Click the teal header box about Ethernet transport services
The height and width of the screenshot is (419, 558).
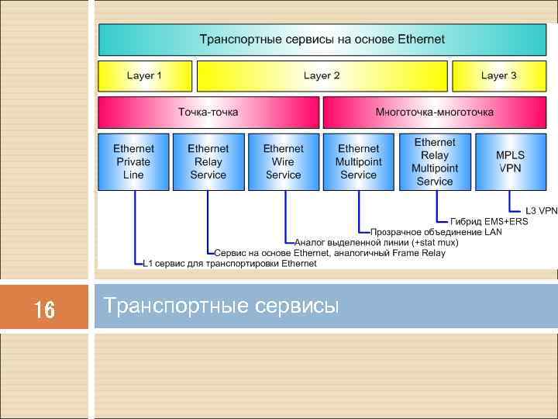322,39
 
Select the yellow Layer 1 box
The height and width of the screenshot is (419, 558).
144,76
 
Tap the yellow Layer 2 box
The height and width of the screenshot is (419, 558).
322,76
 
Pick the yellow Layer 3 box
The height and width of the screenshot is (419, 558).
498,76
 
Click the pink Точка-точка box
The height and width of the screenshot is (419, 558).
208,113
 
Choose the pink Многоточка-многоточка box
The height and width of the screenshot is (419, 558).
434,113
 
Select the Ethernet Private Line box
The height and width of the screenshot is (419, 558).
133,161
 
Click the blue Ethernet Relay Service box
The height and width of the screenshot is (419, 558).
208,161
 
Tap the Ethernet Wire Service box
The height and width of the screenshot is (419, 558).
283,161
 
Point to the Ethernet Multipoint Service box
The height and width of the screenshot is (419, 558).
358,161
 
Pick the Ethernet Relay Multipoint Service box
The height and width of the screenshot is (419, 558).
434,161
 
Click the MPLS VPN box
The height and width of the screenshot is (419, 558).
510,161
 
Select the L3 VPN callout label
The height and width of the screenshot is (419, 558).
541,210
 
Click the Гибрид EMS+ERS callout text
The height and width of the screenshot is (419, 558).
489,221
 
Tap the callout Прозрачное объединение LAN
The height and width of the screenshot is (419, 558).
436,232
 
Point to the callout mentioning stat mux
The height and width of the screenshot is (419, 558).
376,243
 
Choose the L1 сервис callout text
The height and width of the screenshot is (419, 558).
230,264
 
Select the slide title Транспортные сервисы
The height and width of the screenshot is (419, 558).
222,306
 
